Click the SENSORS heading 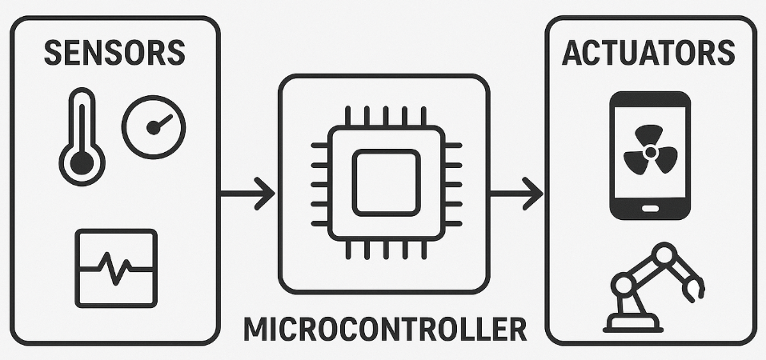pyautogui.click(x=114, y=53)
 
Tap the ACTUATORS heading pyautogui.click(x=649, y=53)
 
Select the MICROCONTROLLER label pyautogui.click(x=385, y=329)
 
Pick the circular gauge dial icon pyautogui.click(x=154, y=126)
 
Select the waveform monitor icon pyautogui.click(x=116, y=267)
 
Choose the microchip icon pyautogui.click(x=385, y=182)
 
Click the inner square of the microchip pyautogui.click(x=385, y=182)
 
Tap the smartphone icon pyautogui.click(x=650, y=155)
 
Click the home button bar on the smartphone pyautogui.click(x=650, y=209)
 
